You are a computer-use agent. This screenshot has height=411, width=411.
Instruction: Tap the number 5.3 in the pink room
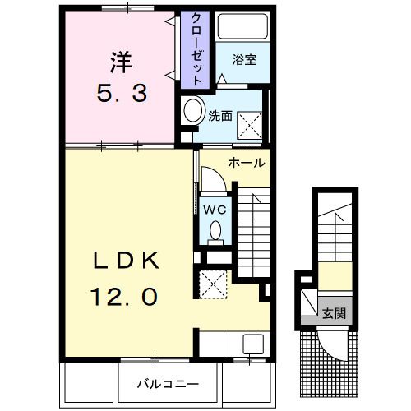pyautogui.click(x=122, y=93)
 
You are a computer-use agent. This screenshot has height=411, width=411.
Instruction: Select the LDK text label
pyautogui.click(x=126, y=261)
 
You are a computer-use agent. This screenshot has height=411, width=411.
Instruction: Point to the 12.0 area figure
pyautogui.click(x=124, y=297)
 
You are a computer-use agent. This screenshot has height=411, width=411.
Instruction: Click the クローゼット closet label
pyautogui.click(x=196, y=49)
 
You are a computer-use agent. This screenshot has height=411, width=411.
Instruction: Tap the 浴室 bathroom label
pyautogui.click(x=244, y=60)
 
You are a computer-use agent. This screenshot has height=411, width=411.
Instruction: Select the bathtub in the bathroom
pyautogui.click(x=242, y=27)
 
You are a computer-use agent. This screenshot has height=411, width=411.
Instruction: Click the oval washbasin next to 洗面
pyautogui.click(x=193, y=111)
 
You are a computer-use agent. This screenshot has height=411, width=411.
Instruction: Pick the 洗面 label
pyautogui.click(x=220, y=116)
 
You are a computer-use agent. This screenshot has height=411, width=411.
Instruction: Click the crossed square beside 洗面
pyautogui.click(x=250, y=126)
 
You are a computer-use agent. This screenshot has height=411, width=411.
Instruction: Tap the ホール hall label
pyautogui.click(x=247, y=163)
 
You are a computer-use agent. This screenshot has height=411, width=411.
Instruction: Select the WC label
pyautogui.click(x=215, y=210)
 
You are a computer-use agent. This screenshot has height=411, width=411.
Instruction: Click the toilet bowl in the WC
pyautogui.click(x=215, y=232)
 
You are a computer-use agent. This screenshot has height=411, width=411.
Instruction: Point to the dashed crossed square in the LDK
pyautogui.click(x=213, y=284)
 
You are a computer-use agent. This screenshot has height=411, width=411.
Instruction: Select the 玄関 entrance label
pyautogui.click(x=335, y=313)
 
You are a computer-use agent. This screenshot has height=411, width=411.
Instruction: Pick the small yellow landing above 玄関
pyautogui.click(x=335, y=276)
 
